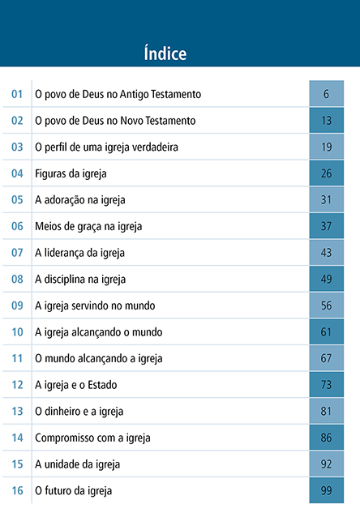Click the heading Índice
click(165, 53)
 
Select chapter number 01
click(17, 94)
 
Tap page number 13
click(326, 121)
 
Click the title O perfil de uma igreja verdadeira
click(106, 147)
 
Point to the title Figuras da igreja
click(71, 173)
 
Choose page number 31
click(326, 200)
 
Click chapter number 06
click(17, 226)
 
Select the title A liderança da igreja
click(79, 253)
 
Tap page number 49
click(326, 280)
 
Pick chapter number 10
click(17, 332)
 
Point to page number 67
click(326, 358)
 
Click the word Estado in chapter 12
click(102, 385)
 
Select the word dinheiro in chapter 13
click(58, 411)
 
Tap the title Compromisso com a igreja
click(92, 438)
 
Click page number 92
click(326, 464)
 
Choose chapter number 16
click(17, 490)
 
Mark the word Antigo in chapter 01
click(135, 95)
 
